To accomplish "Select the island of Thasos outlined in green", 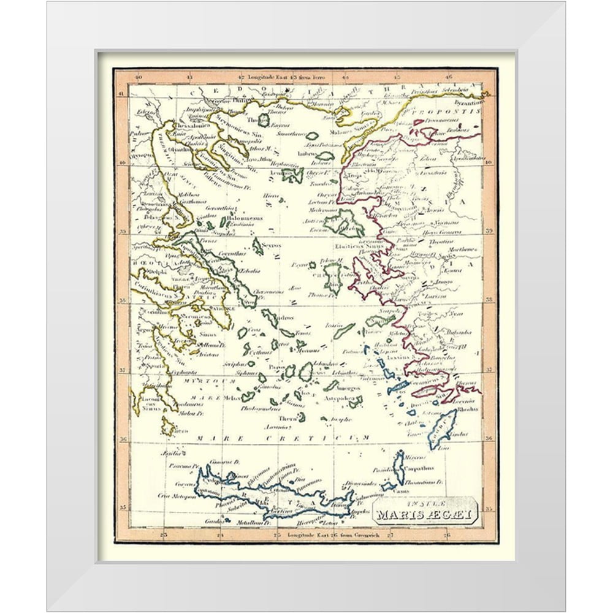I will point(264,120).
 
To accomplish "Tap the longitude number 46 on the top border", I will point(448,77).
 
